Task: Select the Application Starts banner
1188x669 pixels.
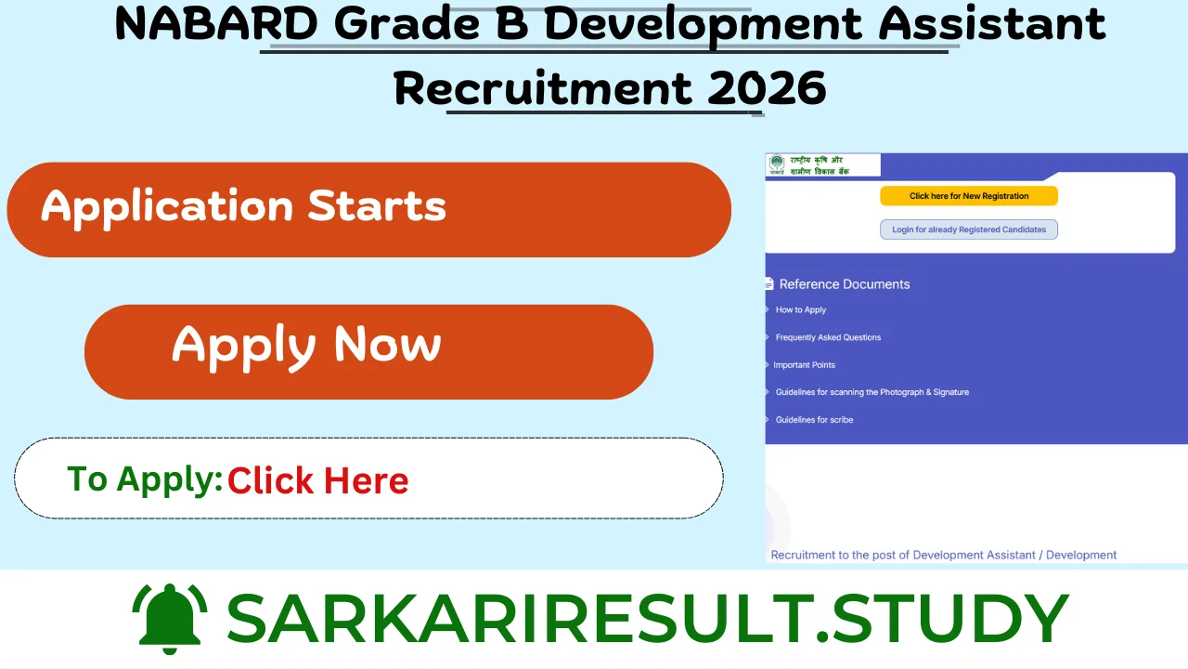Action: pos(368,209)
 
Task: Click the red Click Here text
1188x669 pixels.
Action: pos(317,480)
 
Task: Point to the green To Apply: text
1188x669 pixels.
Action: pos(145,479)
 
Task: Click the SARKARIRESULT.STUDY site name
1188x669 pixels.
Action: pos(647,618)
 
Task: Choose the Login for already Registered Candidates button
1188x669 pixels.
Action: pos(968,230)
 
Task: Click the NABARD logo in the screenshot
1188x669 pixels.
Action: pos(777,164)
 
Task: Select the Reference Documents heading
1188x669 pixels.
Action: pos(844,284)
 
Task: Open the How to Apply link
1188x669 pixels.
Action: pos(800,310)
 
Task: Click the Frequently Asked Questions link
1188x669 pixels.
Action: pos(828,337)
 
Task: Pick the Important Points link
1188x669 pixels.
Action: pos(804,365)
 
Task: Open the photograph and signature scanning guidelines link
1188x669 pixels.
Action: pos(872,392)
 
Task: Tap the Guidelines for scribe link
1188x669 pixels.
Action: pos(814,420)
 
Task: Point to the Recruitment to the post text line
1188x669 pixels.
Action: pos(943,555)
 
